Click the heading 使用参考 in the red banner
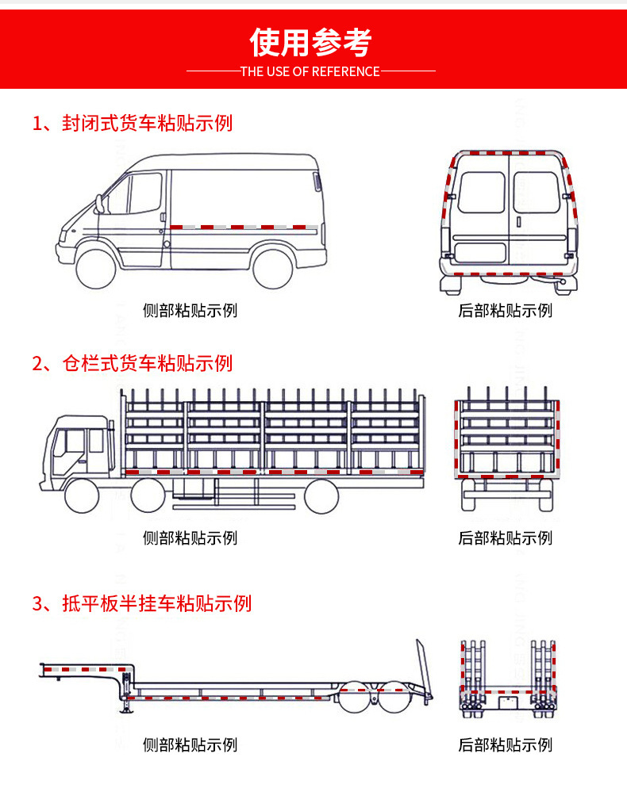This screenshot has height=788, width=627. coord(311,42)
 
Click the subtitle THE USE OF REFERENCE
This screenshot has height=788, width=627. coord(310,71)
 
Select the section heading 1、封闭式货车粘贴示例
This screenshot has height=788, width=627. coord(133,123)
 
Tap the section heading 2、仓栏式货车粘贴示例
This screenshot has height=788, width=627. coord(133,363)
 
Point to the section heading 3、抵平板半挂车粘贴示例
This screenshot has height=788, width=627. coord(142,603)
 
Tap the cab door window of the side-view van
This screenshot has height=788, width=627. coord(145,193)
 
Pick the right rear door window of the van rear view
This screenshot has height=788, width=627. coord(536,193)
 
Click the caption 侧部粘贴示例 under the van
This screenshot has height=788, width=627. coord(190,310)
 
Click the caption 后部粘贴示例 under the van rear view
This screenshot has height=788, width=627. coord(505,310)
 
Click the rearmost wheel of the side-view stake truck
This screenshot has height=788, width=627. coord(321,496)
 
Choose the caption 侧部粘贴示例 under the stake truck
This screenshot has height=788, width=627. coord(190,538)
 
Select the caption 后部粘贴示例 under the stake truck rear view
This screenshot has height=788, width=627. coord(505,538)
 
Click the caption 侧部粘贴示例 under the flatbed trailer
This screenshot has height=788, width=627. coord(190,744)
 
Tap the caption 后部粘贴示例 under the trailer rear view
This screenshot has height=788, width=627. coord(505,744)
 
